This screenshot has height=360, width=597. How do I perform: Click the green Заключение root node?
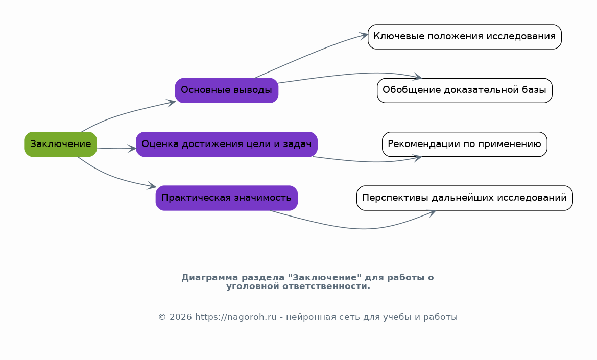click(x=60, y=144)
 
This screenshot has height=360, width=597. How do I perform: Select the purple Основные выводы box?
click(x=226, y=90)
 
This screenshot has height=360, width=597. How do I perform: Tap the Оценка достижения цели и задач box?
click(x=226, y=144)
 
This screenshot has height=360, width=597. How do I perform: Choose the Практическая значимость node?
click(x=226, y=198)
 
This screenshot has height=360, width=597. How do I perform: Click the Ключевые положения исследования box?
click(x=464, y=37)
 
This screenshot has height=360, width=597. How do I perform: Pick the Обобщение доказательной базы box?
click(x=464, y=90)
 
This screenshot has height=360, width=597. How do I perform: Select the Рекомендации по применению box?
click(x=464, y=144)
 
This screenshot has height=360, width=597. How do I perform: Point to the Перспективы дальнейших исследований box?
click(x=464, y=198)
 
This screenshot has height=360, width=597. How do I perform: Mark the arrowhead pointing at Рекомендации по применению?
click(x=417, y=158)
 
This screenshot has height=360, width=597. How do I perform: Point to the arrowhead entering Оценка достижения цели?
click(x=132, y=149)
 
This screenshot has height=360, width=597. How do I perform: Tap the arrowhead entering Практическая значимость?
click(x=152, y=187)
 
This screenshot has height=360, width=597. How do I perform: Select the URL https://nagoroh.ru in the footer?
click(x=235, y=317)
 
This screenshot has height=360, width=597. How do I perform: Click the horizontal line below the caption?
click(x=307, y=301)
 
